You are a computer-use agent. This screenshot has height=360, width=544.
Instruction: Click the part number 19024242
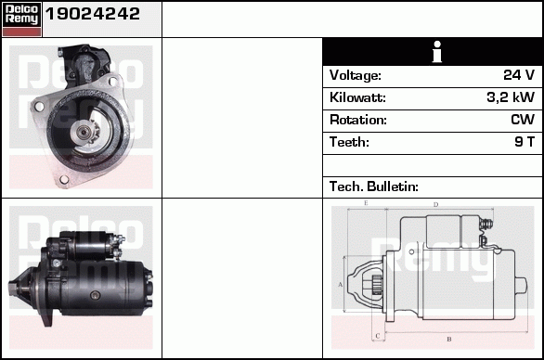tap(93, 14)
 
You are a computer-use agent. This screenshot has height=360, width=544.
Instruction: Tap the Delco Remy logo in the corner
tap(21, 19)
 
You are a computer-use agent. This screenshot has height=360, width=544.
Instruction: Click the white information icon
tap(437, 52)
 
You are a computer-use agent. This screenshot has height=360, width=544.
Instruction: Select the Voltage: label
tap(356, 75)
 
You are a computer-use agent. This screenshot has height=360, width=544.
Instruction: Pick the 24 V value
tap(519, 74)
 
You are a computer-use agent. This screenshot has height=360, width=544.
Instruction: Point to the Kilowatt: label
tap(357, 97)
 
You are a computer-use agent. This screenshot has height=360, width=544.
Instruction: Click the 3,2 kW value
tap(511, 97)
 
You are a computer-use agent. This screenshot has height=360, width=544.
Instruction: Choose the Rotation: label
tap(358, 120)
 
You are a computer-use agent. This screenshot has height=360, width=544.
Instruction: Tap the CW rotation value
tap(523, 120)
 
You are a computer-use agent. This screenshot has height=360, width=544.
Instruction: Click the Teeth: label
tap(349, 142)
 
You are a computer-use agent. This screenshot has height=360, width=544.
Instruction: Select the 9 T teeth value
tap(525, 142)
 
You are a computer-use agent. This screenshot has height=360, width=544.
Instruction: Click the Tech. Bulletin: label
tap(374, 186)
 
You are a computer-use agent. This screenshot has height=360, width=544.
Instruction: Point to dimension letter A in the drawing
tap(341, 285)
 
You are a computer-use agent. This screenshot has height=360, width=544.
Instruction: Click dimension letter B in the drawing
tap(449, 340)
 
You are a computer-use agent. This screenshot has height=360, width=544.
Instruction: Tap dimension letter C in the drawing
tap(378, 336)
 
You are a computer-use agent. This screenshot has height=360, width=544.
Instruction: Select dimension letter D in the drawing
tap(435, 205)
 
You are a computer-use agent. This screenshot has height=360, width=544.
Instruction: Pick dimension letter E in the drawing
tap(366, 203)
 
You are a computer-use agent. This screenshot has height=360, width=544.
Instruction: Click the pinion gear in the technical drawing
tap(377, 285)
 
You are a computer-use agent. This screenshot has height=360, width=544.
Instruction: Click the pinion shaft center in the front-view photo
tap(84, 131)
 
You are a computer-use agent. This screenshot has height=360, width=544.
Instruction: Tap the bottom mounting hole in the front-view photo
tap(64, 180)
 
